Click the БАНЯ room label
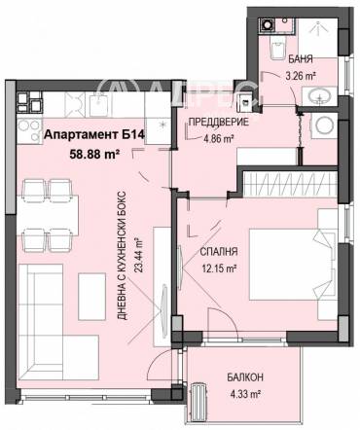point(301,59)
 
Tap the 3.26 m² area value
point(301,76)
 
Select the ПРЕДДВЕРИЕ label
point(219,123)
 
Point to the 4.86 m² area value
point(219,139)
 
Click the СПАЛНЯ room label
point(219,252)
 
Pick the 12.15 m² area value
point(219,269)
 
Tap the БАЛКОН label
point(245,377)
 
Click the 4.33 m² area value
point(245,394)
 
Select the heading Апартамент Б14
point(94,134)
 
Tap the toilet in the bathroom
point(277,48)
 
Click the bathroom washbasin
point(320,96)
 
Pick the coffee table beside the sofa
point(92,297)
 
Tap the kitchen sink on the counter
point(98,104)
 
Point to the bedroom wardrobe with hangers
point(290,184)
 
